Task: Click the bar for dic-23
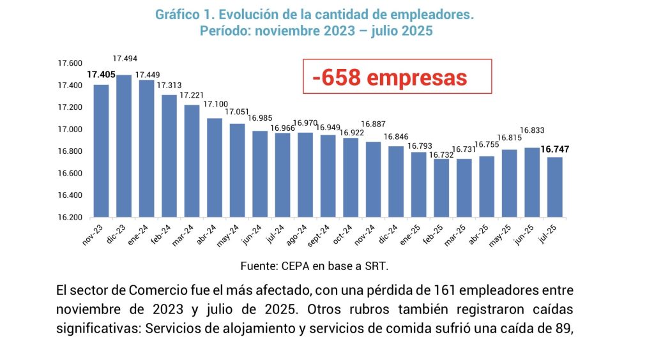(x=124, y=146)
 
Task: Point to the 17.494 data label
(x=124, y=58)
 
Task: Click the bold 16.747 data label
(x=555, y=150)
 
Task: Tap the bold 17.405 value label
(x=101, y=75)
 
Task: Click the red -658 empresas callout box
(x=397, y=78)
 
